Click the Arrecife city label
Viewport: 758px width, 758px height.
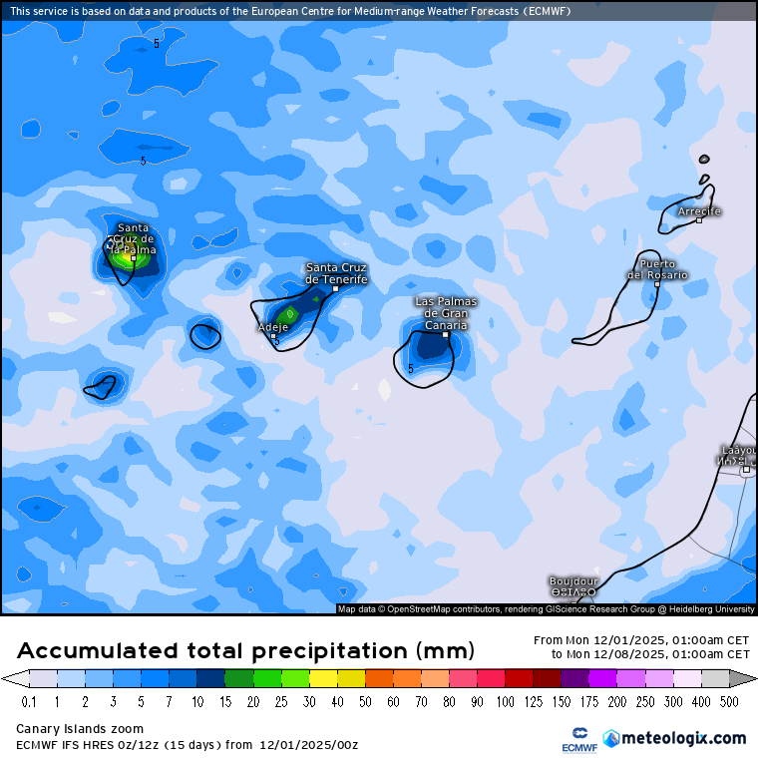(x=698, y=211)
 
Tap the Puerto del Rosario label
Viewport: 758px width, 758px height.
(x=657, y=269)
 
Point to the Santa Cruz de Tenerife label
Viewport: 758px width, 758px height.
(x=336, y=273)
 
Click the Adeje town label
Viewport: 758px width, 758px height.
(x=272, y=326)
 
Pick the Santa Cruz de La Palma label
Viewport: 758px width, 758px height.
(x=133, y=238)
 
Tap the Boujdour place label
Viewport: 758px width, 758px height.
(x=573, y=580)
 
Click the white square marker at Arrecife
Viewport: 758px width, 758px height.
(x=699, y=220)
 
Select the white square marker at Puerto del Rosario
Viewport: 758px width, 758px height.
(x=657, y=284)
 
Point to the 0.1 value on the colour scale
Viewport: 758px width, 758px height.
(x=29, y=702)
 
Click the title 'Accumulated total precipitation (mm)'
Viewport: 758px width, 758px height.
(x=245, y=651)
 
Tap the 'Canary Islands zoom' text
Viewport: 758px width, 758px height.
(x=80, y=729)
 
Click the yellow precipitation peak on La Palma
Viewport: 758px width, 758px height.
(x=127, y=258)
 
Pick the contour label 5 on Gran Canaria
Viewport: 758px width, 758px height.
(x=410, y=368)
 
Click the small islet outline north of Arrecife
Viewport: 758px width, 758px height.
(x=704, y=159)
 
